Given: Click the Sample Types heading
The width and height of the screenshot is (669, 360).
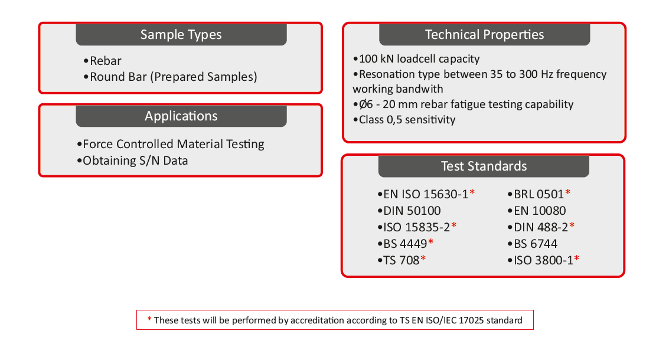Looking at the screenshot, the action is pos(181,35).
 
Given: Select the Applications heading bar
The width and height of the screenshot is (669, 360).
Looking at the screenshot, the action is pos(181,116).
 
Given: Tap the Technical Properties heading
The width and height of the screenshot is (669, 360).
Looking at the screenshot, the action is pos(484,35).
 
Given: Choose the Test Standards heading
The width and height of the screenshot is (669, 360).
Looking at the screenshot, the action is pos(484,166).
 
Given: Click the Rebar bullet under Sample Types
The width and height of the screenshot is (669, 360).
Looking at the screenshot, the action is pos(103,61).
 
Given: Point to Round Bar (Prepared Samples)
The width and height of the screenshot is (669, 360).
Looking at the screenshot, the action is pos(171,77).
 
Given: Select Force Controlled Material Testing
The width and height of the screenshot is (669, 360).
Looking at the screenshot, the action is pos(171,144).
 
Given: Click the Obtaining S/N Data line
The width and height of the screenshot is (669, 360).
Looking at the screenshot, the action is pos(133,161).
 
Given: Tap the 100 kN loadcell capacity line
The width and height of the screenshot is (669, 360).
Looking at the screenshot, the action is pos(416,59).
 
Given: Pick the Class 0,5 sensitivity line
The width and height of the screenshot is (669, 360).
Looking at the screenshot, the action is pos(404,120).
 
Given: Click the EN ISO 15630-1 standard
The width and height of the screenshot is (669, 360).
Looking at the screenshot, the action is pos(426,195).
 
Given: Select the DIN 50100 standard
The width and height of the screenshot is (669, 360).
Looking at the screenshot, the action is pos(409,211).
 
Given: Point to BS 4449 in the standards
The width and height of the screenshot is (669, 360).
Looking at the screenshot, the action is pos(406,244).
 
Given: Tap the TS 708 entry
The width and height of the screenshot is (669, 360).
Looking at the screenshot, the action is pos(402,260).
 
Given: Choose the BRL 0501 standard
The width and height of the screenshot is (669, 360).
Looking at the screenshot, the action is pos(539,195).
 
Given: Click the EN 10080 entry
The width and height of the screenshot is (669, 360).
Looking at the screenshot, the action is pos(537,211).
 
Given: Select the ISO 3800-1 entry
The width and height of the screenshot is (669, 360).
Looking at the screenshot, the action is pos(544,260).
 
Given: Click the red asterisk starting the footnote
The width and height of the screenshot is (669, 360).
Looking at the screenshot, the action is pos(149,319).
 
